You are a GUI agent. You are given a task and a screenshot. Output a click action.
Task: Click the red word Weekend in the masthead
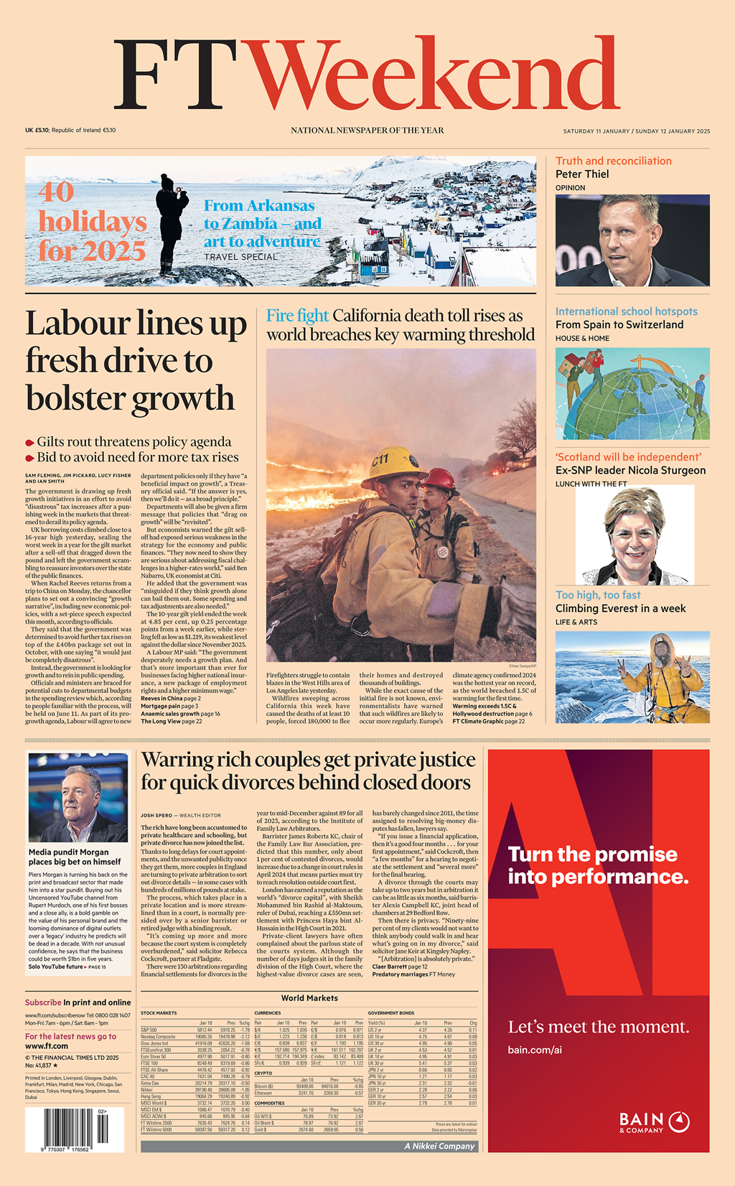[x=431, y=75]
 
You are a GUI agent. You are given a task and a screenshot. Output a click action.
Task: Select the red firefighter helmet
[x=440, y=479]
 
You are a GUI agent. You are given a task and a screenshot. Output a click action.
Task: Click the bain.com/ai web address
[x=534, y=1050]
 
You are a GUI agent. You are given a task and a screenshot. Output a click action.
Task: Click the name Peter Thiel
[x=582, y=174]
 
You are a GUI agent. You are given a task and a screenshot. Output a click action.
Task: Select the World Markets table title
[x=309, y=998]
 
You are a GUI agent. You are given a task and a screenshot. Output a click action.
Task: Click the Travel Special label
[x=240, y=257]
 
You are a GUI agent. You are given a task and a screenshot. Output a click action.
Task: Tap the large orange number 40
[x=56, y=192]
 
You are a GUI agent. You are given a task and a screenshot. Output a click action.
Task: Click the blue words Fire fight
[x=297, y=316]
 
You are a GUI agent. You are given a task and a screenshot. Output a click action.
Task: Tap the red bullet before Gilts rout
[x=30, y=443]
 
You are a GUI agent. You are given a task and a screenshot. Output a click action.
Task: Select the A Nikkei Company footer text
[x=439, y=1146]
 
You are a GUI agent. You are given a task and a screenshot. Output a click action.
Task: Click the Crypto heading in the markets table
[x=263, y=1073]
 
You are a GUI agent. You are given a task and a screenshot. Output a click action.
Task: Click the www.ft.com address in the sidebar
[x=47, y=1046]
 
